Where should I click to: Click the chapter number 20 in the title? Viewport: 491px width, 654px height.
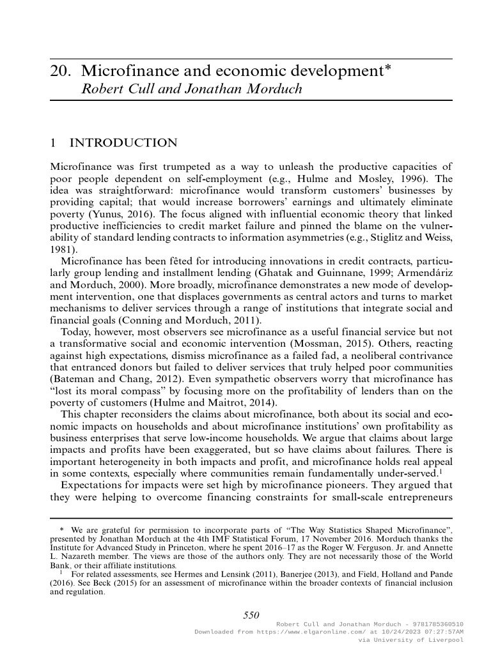tap(59, 72)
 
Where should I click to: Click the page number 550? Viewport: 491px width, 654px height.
tap(251, 614)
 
